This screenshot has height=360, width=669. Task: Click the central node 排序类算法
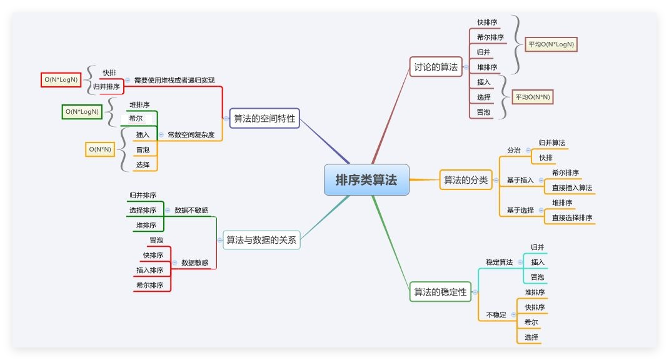coord(366,180)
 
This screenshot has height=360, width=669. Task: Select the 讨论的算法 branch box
coord(436,67)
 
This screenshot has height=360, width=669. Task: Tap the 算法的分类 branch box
coord(465,180)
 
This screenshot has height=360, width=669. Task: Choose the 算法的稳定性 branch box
coord(440,291)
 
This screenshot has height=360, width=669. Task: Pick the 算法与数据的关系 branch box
coord(261,239)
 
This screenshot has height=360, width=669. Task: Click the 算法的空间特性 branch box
coord(264,118)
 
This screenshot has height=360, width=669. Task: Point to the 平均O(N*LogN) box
coord(551,44)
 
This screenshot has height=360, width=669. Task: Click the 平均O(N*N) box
coord(533,97)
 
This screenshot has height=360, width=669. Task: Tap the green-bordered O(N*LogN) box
coord(82,112)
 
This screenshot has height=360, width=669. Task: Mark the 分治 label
coord(514,150)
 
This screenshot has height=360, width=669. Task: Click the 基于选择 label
coord(520,210)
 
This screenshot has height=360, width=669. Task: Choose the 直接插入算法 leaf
coord(572,187)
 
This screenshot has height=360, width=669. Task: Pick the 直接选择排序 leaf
coord(572,217)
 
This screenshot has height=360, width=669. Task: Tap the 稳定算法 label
coord(500,262)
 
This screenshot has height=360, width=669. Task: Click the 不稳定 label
coord(496,314)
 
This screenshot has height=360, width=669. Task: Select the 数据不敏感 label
coord(191,210)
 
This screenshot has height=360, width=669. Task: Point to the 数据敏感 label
coord(195,262)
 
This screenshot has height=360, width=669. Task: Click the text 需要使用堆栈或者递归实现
coord(174,80)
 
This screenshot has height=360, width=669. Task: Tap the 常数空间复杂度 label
coord(191,134)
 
